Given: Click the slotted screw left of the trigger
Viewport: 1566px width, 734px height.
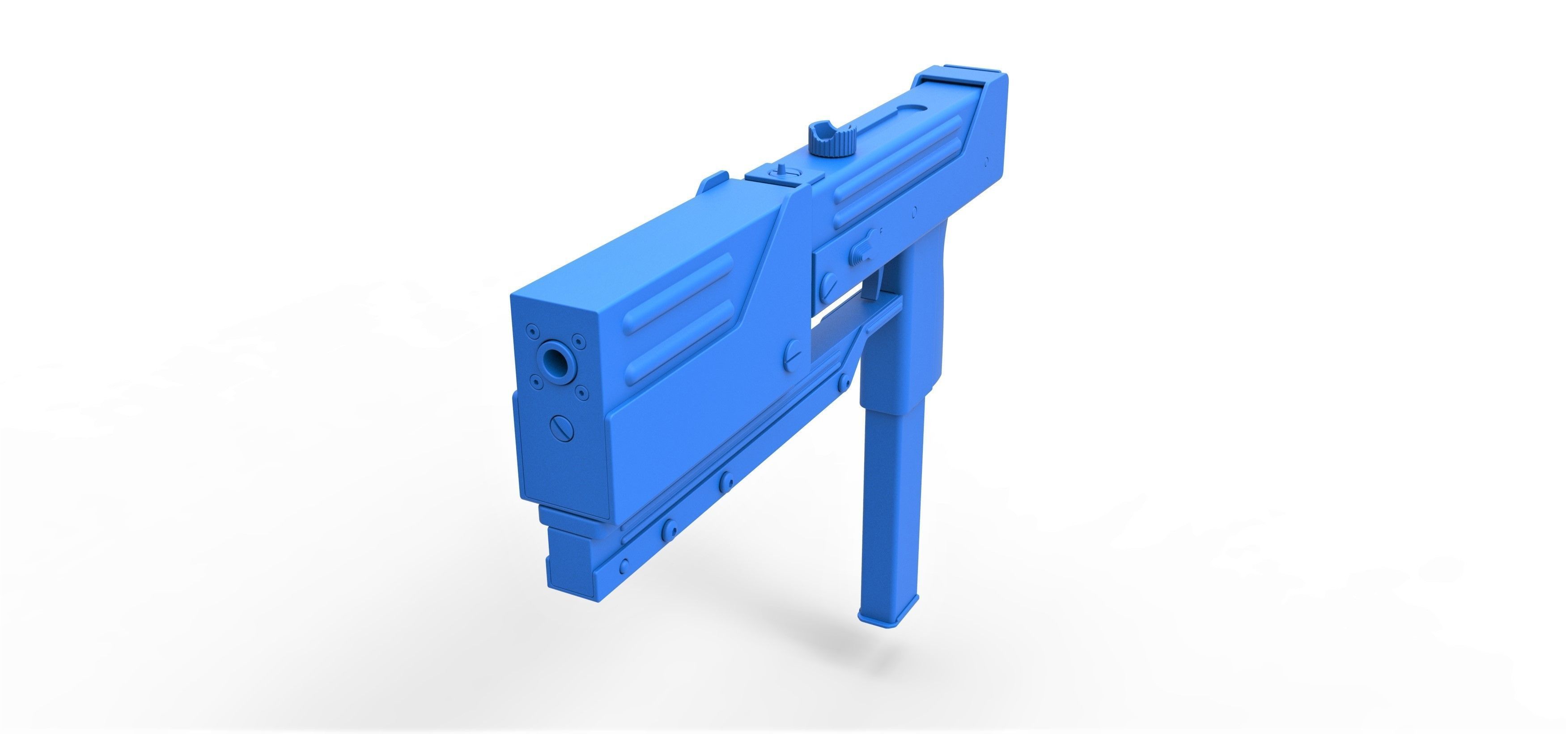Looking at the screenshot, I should click(828, 284).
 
